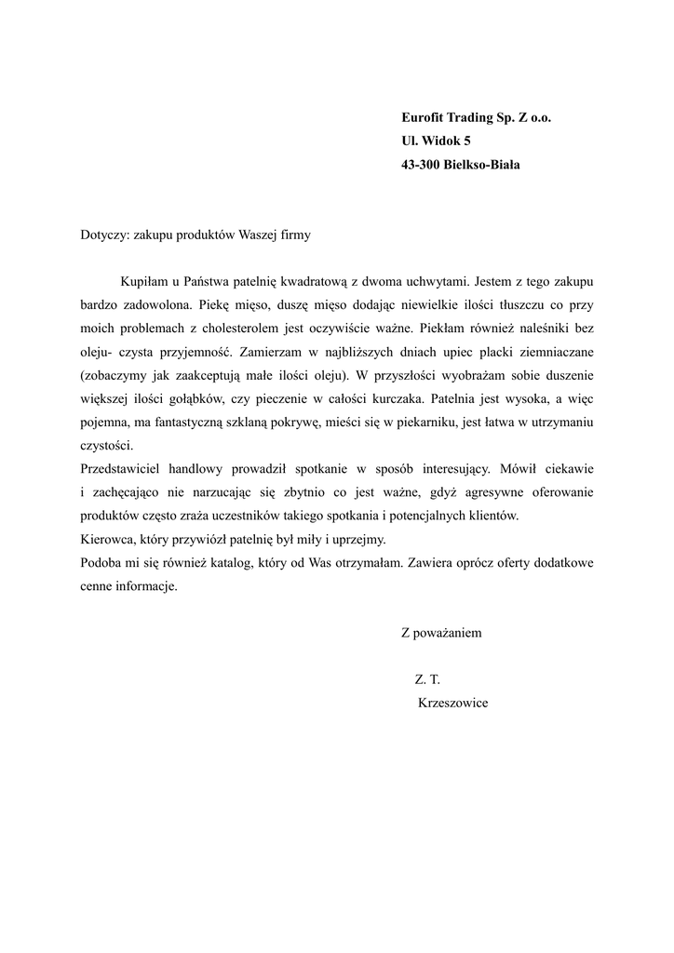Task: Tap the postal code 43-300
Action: (x=421, y=165)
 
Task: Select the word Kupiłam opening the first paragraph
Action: (x=143, y=280)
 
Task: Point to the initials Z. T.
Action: (x=427, y=680)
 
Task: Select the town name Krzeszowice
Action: (x=453, y=704)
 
